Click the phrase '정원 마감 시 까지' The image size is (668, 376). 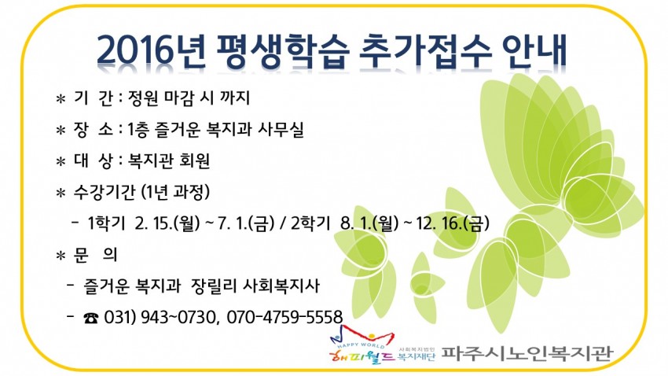189,98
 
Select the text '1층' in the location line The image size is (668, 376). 138,130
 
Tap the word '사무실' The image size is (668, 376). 281,130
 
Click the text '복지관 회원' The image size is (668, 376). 169,161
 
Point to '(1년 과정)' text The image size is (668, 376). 175,192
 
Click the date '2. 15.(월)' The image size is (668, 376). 167,223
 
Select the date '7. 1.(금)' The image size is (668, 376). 245,223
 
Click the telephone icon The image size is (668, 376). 90,318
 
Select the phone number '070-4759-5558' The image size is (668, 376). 284,317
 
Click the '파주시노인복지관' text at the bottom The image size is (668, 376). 526,353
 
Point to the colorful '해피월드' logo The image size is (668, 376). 362,345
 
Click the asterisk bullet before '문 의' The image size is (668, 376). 61,256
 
